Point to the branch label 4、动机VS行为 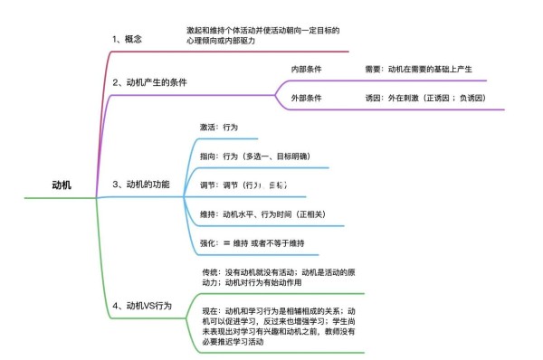(142, 306)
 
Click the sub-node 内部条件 (306, 69)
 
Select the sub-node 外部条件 (306, 98)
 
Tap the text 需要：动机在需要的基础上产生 (424, 69)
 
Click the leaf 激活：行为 (219, 128)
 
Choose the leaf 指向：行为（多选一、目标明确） (255, 156)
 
